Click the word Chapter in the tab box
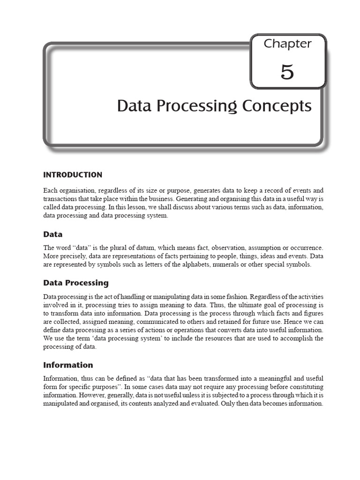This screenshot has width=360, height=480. tap(287, 44)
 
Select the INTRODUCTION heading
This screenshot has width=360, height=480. tap(73, 175)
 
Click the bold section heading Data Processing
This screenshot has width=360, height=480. tap(76, 283)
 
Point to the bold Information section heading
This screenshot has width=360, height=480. tap(68, 365)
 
